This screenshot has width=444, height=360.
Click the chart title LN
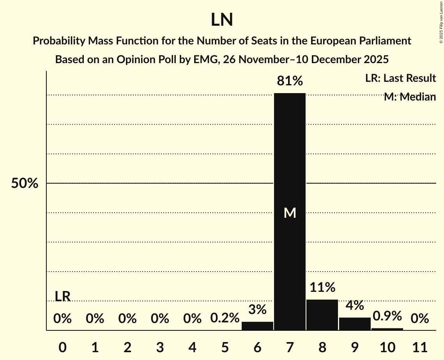coord(222,20)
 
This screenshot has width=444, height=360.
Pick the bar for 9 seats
coord(355,324)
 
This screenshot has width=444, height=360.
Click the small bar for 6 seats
coord(257,326)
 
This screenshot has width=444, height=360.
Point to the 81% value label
coord(290,81)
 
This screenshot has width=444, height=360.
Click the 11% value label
coord(322,288)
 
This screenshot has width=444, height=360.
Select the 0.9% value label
coord(387,316)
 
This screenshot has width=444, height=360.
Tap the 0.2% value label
coord(225,318)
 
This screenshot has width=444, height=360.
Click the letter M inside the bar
coord(290,213)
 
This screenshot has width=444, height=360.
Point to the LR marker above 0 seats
coord(62,296)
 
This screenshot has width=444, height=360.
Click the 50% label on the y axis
coord(25,184)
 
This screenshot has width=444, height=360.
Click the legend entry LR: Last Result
coord(400,78)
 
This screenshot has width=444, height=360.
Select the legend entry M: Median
coord(409,97)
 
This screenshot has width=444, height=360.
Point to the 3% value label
coord(257,310)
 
